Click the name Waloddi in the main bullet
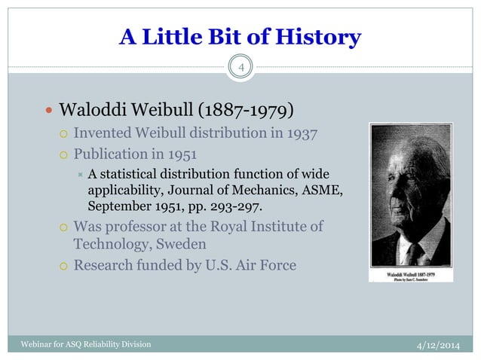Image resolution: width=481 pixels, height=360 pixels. point(93,110)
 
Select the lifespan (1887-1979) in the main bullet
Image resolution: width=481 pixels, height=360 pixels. point(245,110)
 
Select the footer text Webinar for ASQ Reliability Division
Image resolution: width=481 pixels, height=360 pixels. point(79,345)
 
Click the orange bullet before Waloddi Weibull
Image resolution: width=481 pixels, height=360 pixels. point(48,110)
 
